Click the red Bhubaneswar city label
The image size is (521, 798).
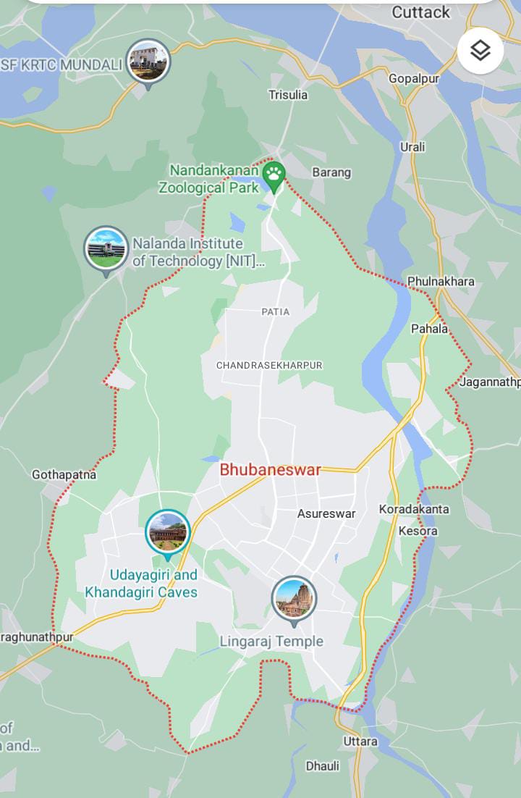coord(270,469)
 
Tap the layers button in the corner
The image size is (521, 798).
coord(480,50)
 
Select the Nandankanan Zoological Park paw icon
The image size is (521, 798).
coord(274,174)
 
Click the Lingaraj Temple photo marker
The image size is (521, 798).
coord(294,598)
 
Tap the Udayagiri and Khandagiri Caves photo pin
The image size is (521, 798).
coord(168,532)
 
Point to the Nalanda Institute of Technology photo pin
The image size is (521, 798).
coord(106,248)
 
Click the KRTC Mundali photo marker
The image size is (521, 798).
coord(148,62)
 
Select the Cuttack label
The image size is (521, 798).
coord(420,12)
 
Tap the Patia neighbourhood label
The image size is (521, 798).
coord(275,311)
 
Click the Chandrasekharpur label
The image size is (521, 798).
coord(269,366)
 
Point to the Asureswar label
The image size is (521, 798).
coord(326,513)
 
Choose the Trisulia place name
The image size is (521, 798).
coord(288,95)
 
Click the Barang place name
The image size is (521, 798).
coord(331,172)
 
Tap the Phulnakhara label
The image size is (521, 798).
coord(441,281)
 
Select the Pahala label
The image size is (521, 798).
coord(430,329)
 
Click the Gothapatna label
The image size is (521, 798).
coord(64,475)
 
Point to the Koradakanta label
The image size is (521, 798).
coord(414,509)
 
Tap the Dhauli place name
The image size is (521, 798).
coord(322,766)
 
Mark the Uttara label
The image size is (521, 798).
coord(360,742)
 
